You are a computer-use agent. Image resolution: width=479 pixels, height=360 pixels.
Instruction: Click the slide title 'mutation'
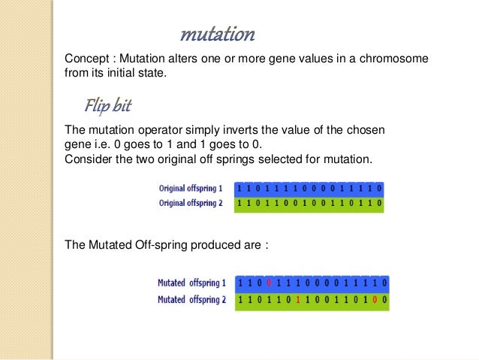[x=218, y=35]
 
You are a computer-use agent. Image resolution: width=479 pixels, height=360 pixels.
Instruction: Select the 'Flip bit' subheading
[x=108, y=105]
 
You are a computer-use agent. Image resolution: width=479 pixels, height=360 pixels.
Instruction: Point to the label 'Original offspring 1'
[x=191, y=188]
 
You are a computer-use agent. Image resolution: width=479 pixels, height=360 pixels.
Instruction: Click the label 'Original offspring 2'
[x=191, y=203]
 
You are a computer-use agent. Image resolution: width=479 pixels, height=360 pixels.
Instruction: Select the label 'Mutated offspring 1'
[x=191, y=283]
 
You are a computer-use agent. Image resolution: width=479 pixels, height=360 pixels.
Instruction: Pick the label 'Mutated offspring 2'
[x=191, y=299]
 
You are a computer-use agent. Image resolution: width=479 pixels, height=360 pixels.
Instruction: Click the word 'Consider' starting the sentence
[x=89, y=159]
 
